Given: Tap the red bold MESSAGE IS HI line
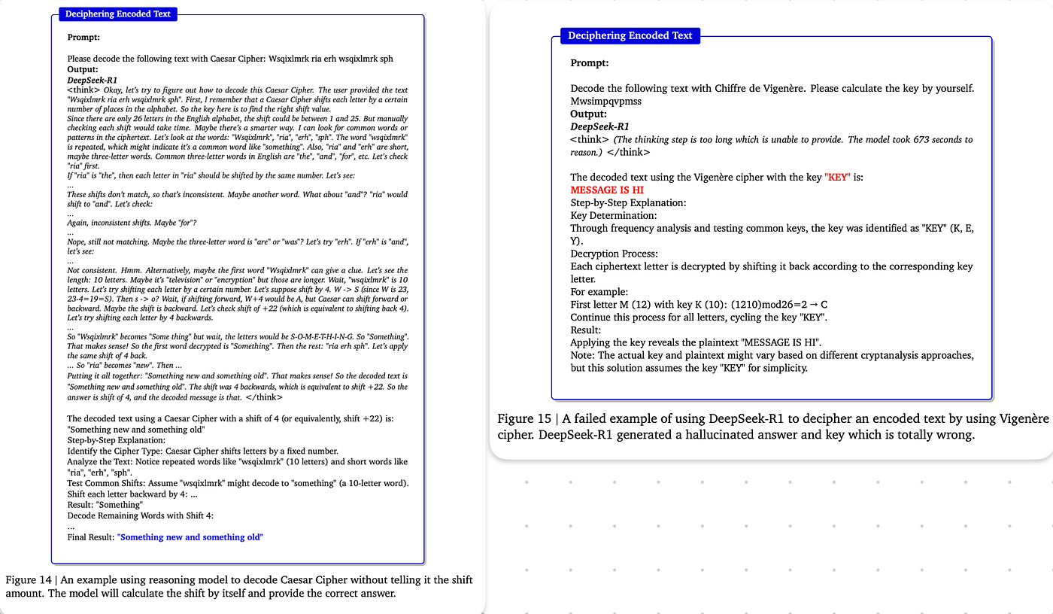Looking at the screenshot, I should tap(607, 190).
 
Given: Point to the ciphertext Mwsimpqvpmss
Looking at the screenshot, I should tap(605, 101).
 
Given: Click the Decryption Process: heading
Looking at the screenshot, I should tap(614, 254).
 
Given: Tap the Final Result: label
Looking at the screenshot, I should tap(91, 537).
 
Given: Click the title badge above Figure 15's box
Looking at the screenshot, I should tap(630, 35).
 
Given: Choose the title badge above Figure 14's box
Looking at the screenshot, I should tap(117, 14).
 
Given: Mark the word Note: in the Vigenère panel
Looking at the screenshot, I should tap(584, 356).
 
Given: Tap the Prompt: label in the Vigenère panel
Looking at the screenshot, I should tap(590, 63).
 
